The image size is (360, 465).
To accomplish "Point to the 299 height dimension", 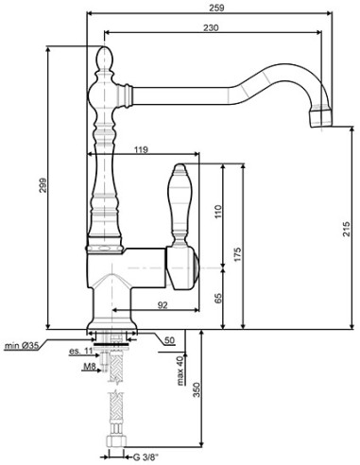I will pos(42,187).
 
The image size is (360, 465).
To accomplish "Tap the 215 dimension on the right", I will pos(348,230).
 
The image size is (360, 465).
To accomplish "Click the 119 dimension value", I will pos(141,149).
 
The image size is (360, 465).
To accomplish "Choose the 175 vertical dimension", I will pos(237,255).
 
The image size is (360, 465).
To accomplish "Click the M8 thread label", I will pos(87,366).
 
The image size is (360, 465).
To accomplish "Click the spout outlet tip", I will pos(321,119).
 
